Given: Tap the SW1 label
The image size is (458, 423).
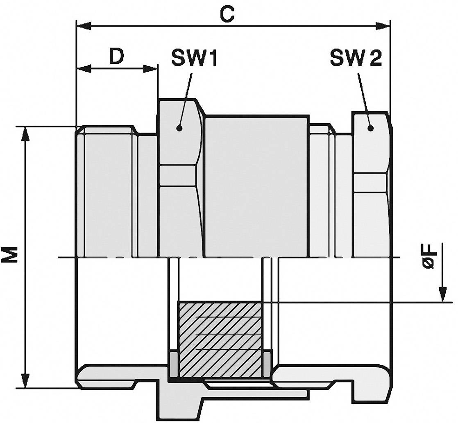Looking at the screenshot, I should coord(193,59).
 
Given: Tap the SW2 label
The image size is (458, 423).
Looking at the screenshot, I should coord(356,59).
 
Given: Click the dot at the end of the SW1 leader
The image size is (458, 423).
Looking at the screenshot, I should coord(179,128).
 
